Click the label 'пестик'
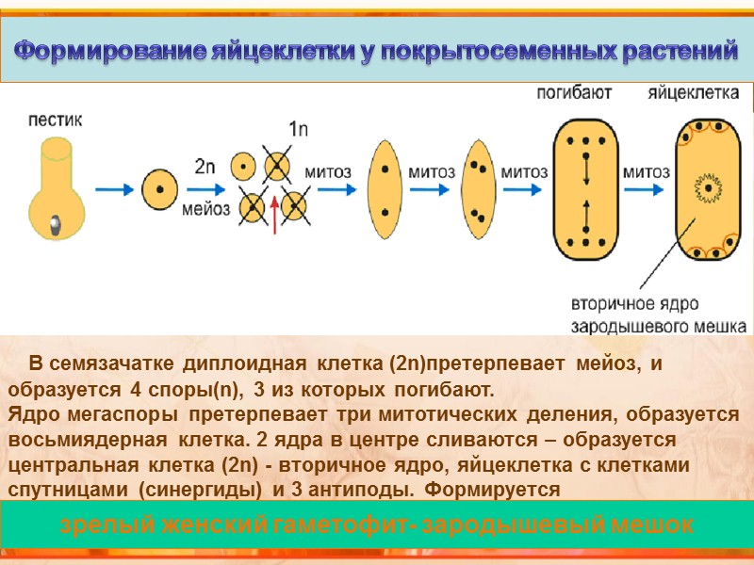(56, 120)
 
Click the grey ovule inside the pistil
(56, 223)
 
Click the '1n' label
(298, 129)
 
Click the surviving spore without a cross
(243, 166)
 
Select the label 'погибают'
(575, 92)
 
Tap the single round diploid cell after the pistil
(159, 188)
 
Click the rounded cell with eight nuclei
(585, 189)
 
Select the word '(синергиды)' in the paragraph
(205, 490)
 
